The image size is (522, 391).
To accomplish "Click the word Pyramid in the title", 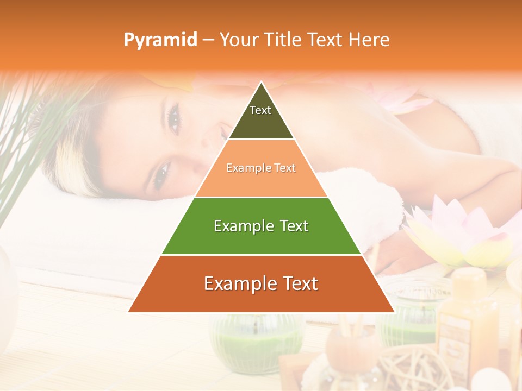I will [x=160, y=40].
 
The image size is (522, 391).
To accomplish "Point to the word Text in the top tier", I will [x=260, y=110].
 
